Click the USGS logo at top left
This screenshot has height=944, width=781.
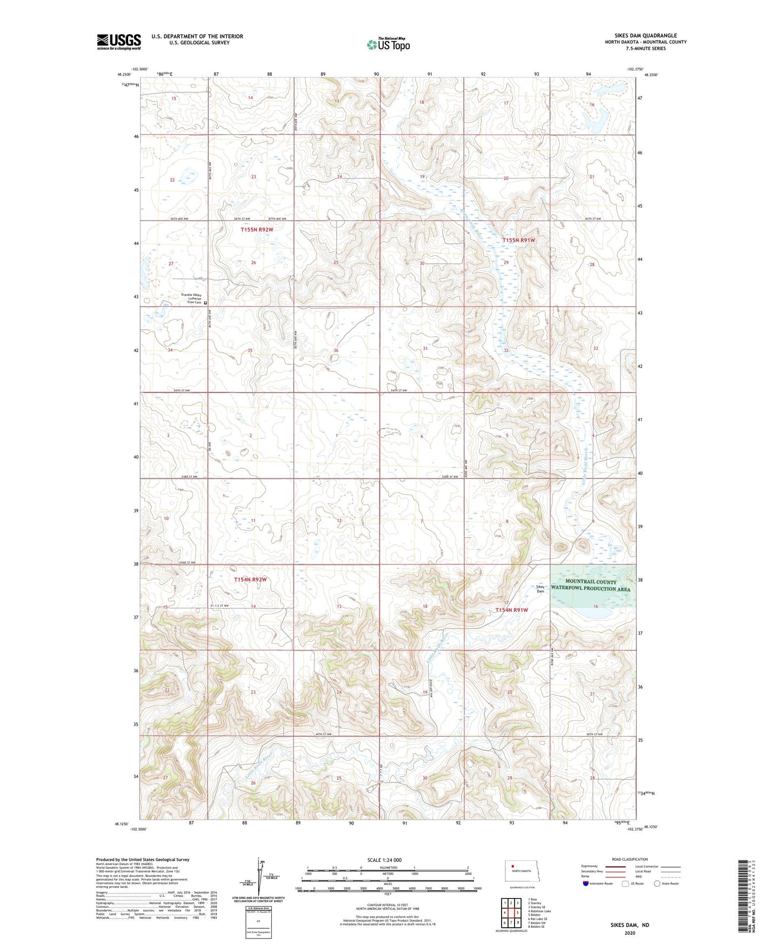click(118, 41)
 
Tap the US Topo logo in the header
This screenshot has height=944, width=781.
click(388, 44)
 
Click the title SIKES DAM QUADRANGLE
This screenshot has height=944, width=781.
click(645, 36)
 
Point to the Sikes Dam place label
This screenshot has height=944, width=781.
click(540, 589)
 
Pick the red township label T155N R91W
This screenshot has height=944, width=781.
click(518, 240)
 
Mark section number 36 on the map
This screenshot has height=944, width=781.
click(336, 350)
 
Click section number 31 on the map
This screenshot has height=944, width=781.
click(425, 349)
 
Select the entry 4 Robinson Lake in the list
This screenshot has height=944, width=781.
click(539, 911)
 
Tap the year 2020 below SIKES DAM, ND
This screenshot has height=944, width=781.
click(630, 933)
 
